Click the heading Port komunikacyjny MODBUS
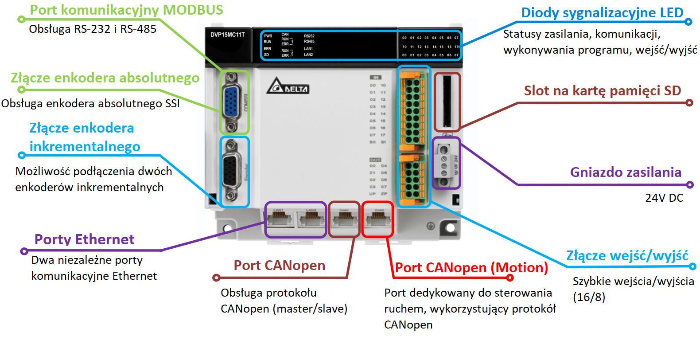pyautogui.click(x=126, y=10)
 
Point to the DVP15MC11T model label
pyautogui.click(x=227, y=35)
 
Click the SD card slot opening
pyautogui.click(x=447, y=102)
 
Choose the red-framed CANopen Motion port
pyautogui.click(x=378, y=219)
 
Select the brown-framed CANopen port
pyautogui.click(x=344, y=219)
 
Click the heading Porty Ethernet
pyautogui.click(x=84, y=239)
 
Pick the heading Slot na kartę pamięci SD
pyautogui.click(x=602, y=91)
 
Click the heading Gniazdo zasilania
pyautogui.click(x=625, y=172)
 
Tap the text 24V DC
pyautogui.click(x=664, y=198)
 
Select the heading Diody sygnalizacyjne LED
pyautogui.click(x=602, y=13)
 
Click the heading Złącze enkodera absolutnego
pyautogui.click(x=105, y=78)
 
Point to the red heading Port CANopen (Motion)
pyautogui.click(x=471, y=268)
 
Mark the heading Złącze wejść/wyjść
pyautogui.click(x=627, y=256)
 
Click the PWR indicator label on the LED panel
pyautogui.click(x=268, y=36)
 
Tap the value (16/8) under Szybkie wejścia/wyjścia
pyautogui.click(x=589, y=297)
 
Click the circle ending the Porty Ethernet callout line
pyautogui.click(x=24, y=251)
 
